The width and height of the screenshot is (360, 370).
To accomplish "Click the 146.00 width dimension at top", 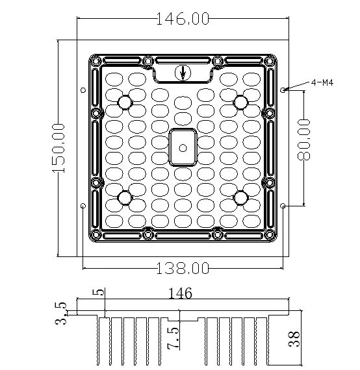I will (x=183, y=19).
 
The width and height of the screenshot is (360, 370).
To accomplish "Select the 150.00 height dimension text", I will (x=58, y=147).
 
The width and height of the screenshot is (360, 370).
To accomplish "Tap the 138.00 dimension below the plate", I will (x=183, y=267).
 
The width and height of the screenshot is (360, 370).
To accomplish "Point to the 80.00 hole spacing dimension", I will (x=303, y=139).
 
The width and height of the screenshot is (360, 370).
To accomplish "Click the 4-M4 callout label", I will (x=322, y=82).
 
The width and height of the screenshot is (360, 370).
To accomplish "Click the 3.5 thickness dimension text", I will (x=60, y=313).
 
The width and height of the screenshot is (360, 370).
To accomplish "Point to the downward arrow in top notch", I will (x=183, y=72).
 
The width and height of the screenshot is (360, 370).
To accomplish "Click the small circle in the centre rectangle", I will (x=183, y=147).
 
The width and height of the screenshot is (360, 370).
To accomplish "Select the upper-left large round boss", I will (x=124, y=102).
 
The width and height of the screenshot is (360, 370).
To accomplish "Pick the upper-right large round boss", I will (x=240, y=102).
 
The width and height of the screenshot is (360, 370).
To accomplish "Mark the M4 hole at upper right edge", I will (x=283, y=90).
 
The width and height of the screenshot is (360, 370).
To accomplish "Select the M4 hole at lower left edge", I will (x=83, y=206).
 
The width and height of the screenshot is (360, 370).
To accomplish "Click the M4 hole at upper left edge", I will (x=83, y=90).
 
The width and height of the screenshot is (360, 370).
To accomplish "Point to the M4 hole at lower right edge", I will (x=283, y=206).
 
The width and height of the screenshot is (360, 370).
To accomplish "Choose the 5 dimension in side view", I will (x=100, y=293).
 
